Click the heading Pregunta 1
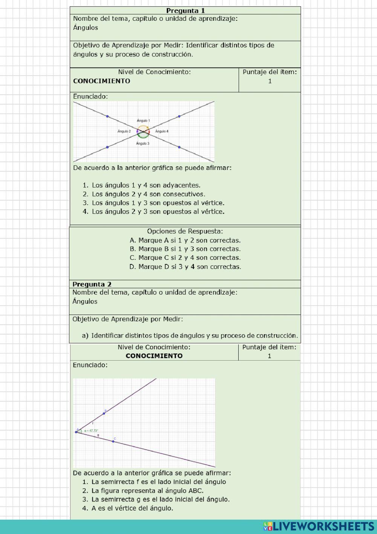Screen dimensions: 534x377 click(185, 11)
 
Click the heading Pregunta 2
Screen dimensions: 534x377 click(92, 284)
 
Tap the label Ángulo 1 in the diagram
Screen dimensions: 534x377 click(143, 120)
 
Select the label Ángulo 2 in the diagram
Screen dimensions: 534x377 click(124, 131)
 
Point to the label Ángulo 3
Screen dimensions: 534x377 click(143, 144)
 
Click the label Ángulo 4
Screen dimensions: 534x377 click(162, 131)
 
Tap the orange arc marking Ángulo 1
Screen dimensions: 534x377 click(143, 127)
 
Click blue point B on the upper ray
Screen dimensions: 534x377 click(104, 414)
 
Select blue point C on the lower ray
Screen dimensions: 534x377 click(113, 441)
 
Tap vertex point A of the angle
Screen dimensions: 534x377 click(76, 432)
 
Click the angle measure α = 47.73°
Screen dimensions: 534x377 click(91, 431)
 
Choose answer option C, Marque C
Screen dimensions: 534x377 click(185, 258)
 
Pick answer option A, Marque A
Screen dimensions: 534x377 click(185, 240)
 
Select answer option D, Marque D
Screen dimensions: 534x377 click(185, 267)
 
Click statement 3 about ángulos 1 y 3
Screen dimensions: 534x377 click(158, 203)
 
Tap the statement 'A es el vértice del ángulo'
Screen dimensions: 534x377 click(132, 508)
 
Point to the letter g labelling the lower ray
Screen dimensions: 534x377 click(98, 435)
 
